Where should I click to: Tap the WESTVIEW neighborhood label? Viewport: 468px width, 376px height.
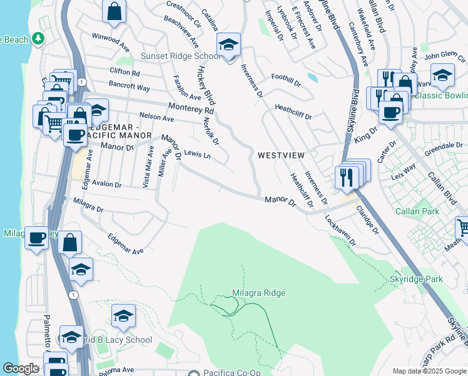[280, 155]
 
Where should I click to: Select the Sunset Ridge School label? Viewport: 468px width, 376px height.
[180, 56]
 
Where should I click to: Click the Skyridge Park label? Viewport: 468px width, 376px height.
[416, 279]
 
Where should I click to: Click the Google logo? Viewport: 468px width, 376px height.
[21, 368]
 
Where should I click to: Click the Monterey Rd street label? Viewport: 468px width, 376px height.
[191, 108]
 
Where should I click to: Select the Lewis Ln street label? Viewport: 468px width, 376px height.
[197, 154]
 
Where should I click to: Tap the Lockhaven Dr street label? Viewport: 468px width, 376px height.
[340, 230]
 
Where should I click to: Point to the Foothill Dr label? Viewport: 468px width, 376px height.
[286, 77]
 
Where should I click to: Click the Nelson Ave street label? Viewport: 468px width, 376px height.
[156, 117]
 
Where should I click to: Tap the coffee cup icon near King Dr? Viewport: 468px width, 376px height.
[391, 112]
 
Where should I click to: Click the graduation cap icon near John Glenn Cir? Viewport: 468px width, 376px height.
[442, 76]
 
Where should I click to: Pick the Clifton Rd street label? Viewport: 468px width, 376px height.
[125, 73]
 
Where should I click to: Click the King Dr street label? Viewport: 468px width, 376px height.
[366, 135]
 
